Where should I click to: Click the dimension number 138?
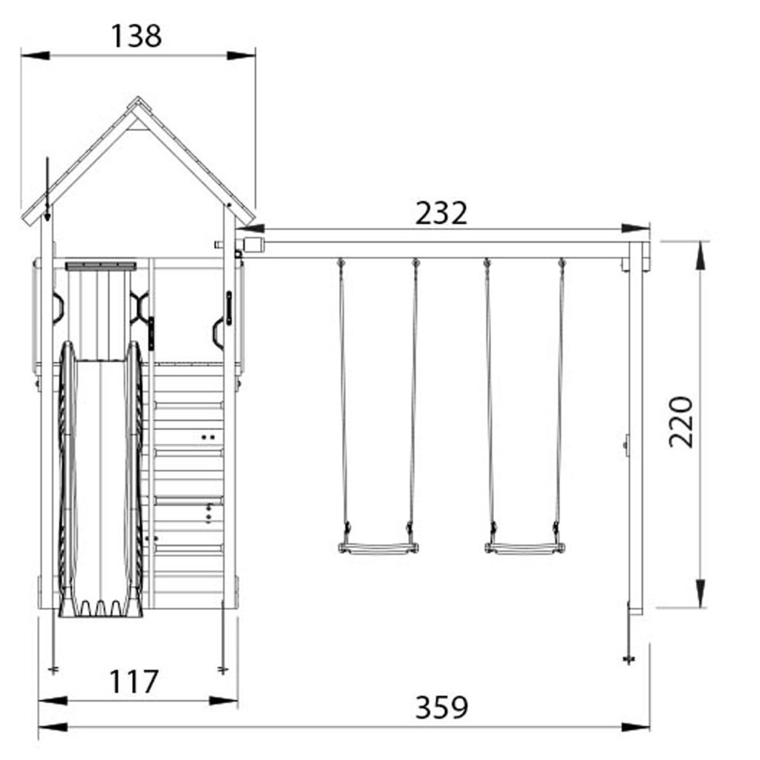(137, 36)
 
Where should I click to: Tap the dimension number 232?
(441, 213)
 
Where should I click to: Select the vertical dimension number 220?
(681, 422)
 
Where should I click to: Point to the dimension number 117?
(134, 682)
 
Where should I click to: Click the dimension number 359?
(441, 707)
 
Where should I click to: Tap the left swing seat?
(378, 547)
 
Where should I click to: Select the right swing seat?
(524, 547)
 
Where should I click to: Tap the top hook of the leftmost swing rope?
(341, 262)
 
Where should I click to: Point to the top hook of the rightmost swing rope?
(561, 262)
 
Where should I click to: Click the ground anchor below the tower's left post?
(54, 668)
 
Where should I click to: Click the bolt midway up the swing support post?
(626, 443)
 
